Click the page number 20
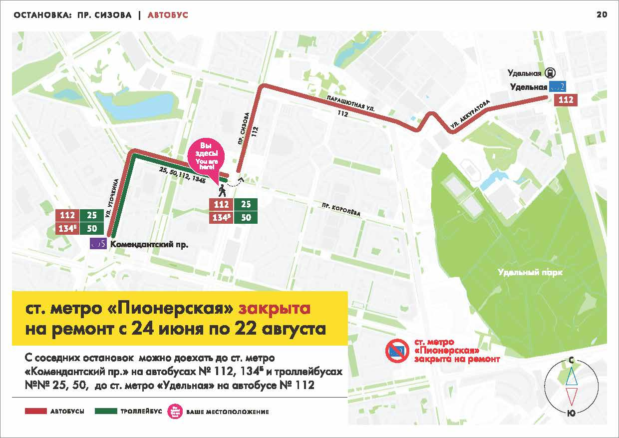click(x=602, y=15)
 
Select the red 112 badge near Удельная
click(x=566, y=100)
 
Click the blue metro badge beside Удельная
click(x=557, y=87)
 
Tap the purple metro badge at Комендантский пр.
click(x=98, y=244)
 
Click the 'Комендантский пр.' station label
click(x=149, y=245)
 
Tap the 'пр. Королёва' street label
click(x=340, y=210)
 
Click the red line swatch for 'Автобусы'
click(x=35, y=412)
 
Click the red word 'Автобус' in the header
click(x=168, y=15)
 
